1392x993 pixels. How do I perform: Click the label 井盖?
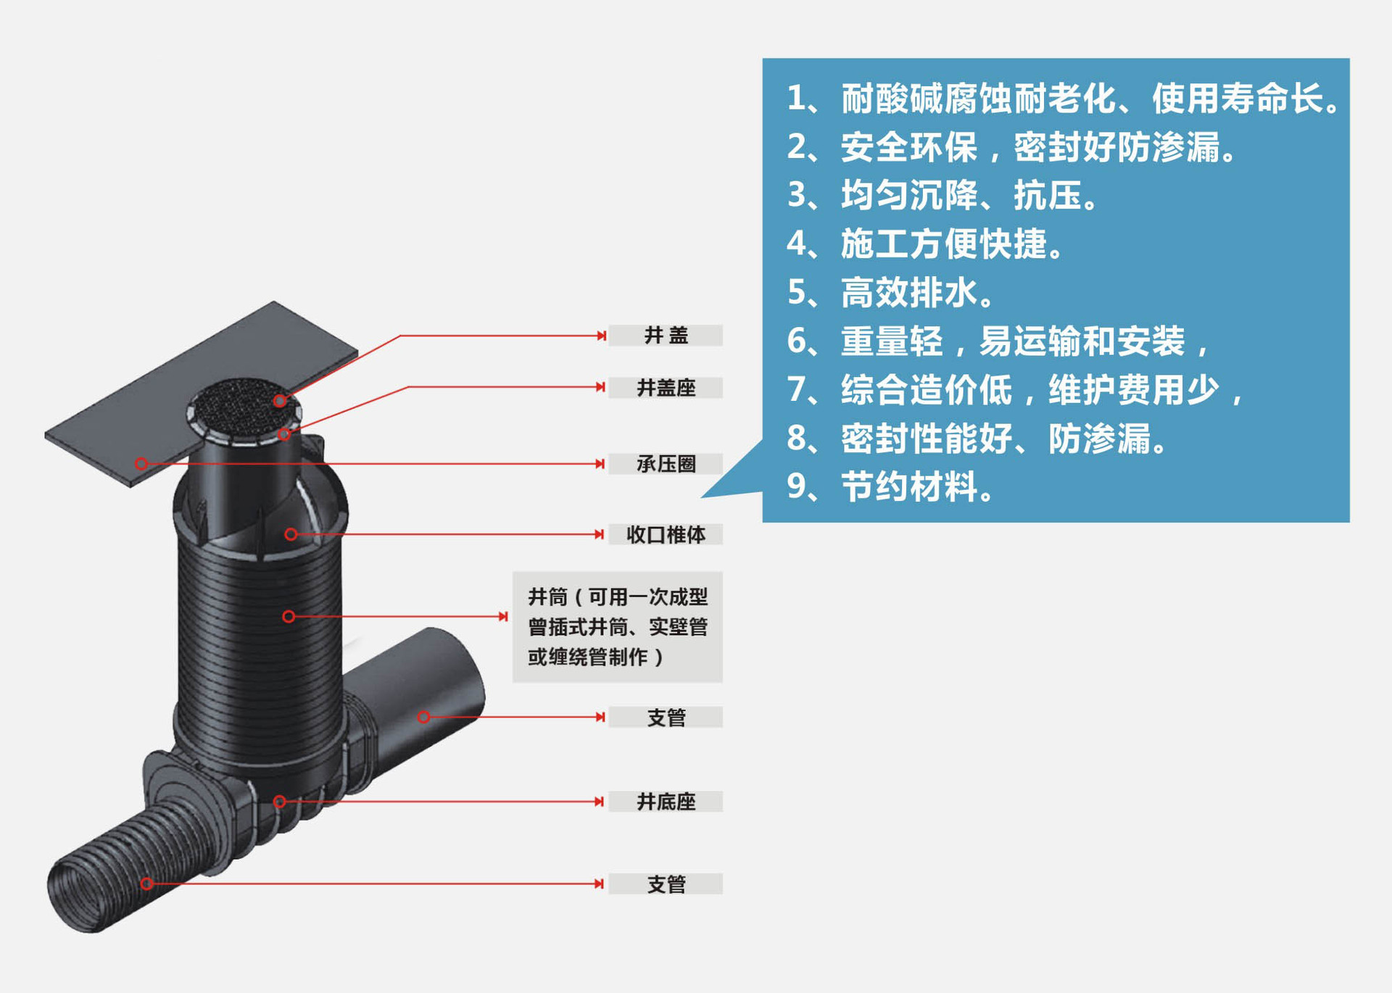[x=666, y=336]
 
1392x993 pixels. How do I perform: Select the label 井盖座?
[x=666, y=388]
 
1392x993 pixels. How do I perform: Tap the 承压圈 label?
[x=666, y=464]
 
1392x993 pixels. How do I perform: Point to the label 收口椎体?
[x=666, y=535]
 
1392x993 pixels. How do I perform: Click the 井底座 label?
[x=666, y=802]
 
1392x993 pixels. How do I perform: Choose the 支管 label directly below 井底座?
[x=666, y=884]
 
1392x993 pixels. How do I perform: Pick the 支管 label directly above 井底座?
[x=666, y=718]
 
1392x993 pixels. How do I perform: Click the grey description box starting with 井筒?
[x=618, y=627]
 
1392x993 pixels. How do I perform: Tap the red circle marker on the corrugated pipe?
[x=147, y=884]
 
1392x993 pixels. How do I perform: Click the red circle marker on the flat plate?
[x=142, y=464]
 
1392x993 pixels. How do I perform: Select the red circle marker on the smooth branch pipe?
[x=424, y=718]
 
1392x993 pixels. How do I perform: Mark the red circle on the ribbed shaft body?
[x=289, y=617]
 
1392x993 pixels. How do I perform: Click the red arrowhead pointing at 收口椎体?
[x=600, y=535]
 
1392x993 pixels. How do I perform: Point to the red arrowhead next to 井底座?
[x=600, y=802]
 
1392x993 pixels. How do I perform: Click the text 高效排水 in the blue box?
[x=909, y=293]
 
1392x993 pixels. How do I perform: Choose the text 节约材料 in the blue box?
[x=909, y=486]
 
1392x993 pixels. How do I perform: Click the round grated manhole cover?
[x=244, y=408]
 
